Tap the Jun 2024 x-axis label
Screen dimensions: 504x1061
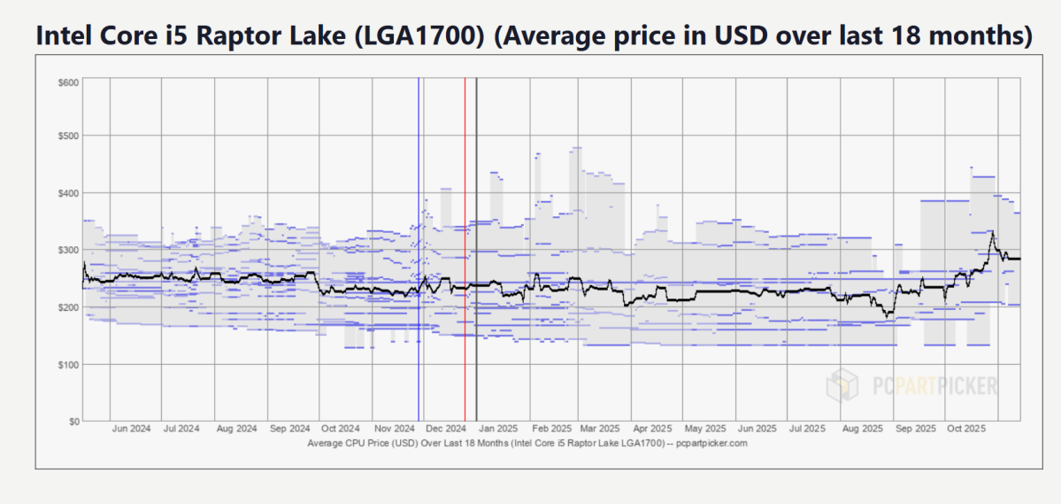[x=132, y=429]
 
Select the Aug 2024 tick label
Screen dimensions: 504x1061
[x=237, y=429]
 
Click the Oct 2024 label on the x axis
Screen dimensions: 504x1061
[x=341, y=429]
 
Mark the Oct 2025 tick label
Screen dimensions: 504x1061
[x=965, y=429]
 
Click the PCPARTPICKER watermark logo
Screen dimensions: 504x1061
[x=911, y=385]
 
